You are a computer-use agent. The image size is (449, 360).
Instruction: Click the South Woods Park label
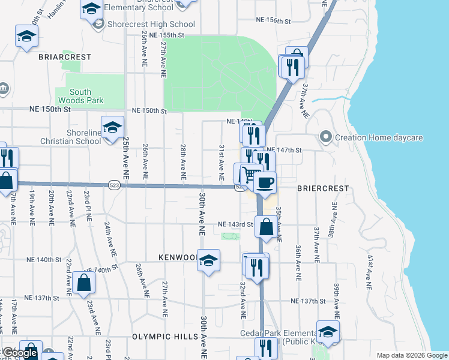(x=79, y=97)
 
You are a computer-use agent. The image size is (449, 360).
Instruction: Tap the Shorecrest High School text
(x=151, y=25)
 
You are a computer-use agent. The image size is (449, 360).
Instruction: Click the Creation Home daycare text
(x=379, y=138)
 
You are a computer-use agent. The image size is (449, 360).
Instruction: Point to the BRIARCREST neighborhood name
(x=65, y=57)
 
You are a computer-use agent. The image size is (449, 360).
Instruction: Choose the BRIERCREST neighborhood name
(x=323, y=188)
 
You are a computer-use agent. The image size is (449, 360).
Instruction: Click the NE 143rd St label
(x=235, y=224)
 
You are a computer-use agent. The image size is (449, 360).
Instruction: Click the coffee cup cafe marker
(x=265, y=182)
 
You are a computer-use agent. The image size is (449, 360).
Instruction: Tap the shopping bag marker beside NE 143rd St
(x=266, y=227)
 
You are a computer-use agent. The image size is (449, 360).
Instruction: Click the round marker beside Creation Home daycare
(x=326, y=137)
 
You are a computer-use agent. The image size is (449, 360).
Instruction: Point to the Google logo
(x=19, y=353)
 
